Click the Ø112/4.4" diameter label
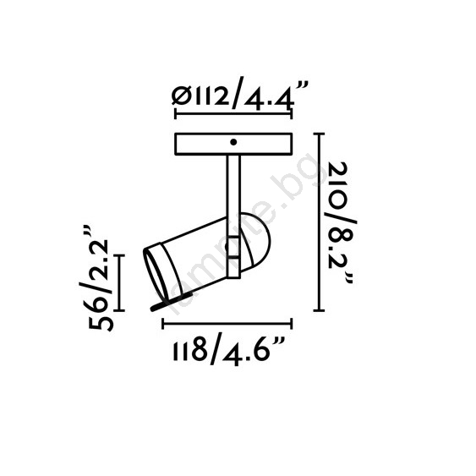coord(240,96)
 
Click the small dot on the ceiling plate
coord(233,142)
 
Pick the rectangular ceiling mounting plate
coord(233,144)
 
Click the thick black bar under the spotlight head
coord(172,302)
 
